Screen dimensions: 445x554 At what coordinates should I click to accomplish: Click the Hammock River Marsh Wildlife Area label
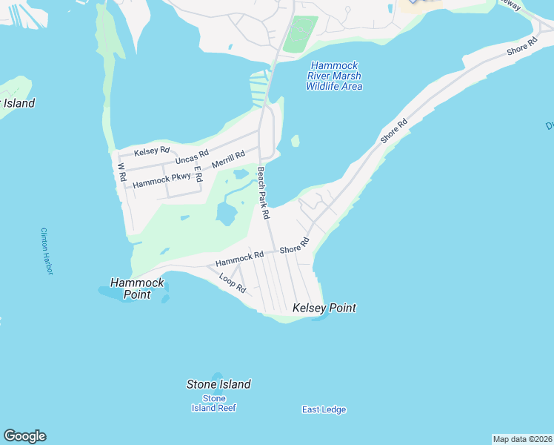pos(334,76)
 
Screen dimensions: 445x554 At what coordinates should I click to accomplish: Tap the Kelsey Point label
pos(324,308)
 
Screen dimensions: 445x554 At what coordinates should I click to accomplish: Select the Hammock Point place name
pos(137,289)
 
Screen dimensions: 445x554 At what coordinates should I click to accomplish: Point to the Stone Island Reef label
pos(213,403)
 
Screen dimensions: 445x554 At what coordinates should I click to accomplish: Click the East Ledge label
pos(324,409)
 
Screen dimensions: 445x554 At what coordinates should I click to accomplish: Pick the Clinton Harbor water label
pos(47,251)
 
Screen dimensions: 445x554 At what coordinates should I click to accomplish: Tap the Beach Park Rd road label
pos(263,191)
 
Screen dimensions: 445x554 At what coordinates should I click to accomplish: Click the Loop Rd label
pos(233,283)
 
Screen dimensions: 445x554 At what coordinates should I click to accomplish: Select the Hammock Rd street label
pos(239,259)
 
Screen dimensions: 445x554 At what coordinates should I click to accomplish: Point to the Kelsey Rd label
pos(152,151)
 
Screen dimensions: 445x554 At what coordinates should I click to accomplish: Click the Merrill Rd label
pos(228,159)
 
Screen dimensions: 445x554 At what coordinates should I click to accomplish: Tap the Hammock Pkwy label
pos(161,179)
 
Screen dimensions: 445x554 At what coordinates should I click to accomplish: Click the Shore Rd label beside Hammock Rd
pos(294,245)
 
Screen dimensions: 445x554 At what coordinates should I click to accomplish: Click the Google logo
pos(24,436)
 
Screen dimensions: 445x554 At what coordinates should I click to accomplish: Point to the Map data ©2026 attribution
pos(522,439)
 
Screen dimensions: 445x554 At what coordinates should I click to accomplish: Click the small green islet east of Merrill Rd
pos(296,140)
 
